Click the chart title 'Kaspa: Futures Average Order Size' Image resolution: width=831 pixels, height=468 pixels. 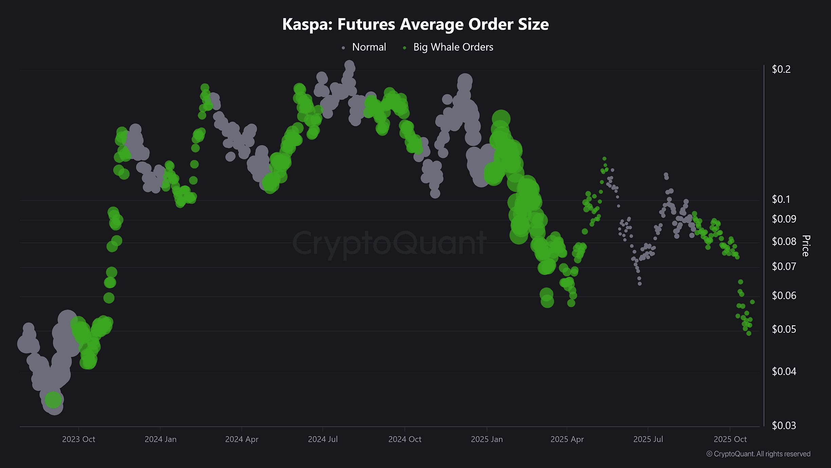coord(415,24)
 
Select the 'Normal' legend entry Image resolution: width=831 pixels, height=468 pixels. coord(369,47)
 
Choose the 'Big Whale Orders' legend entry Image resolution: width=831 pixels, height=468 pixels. coord(453,47)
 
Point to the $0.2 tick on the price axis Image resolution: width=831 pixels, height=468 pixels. coord(781,69)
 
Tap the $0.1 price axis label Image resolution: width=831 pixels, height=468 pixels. coord(781,199)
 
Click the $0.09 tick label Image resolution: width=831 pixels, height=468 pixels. coord(784,219)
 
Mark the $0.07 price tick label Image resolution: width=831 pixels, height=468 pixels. coord(784,266)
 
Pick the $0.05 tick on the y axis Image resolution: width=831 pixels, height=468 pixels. coord(784,329)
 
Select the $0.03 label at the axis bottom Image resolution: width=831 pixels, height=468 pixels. coord(784,426)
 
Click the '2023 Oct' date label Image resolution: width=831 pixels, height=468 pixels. coord(78,439)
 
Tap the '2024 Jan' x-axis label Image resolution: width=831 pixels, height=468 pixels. coord(161,439)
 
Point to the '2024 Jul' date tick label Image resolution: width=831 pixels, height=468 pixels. coord(322,439)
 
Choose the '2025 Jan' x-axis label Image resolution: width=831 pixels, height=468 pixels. coord(487,439)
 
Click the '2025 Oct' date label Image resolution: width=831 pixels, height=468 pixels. coord(730,439)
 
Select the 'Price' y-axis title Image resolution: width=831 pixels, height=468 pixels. coord(806,245)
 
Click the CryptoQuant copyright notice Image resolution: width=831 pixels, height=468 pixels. coord(758,454)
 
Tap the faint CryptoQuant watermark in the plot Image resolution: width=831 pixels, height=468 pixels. coord(389,243)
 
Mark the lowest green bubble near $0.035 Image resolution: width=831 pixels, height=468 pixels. coord(53,399)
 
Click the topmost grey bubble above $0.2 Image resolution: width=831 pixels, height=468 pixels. coord(349,65)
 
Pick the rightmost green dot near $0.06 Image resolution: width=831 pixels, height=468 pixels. coord(752,302)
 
